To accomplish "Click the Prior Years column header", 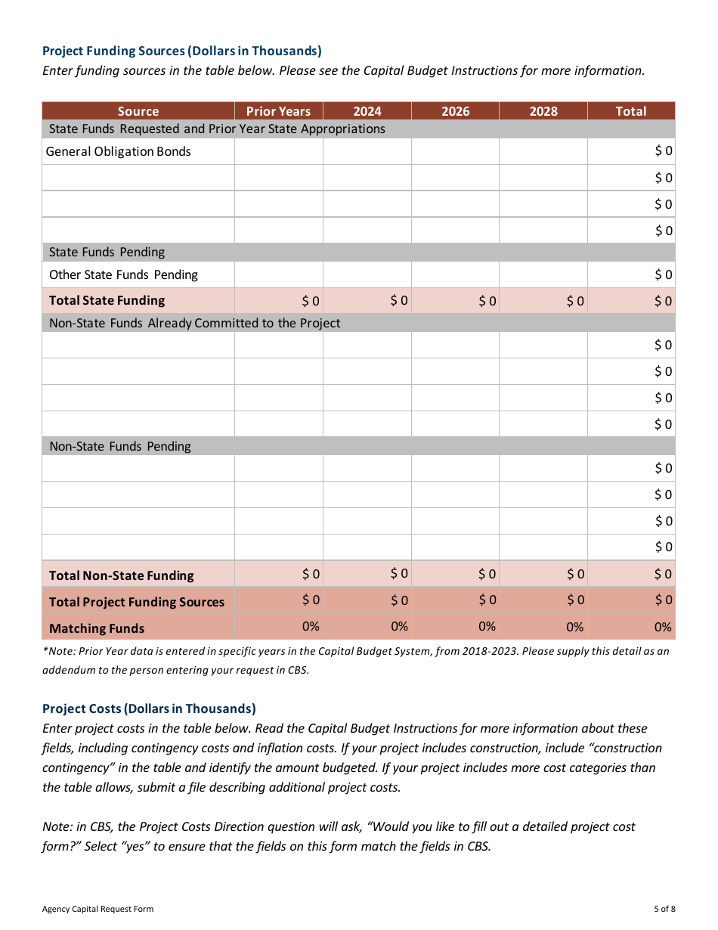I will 278,111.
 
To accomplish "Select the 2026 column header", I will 455,111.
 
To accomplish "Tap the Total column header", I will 630,111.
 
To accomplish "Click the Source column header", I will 138,111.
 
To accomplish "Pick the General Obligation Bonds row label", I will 119,151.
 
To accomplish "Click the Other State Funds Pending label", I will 123,274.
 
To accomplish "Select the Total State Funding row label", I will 107,300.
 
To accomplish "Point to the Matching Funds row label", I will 97,628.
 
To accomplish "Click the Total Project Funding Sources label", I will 137,602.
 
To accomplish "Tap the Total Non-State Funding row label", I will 121,575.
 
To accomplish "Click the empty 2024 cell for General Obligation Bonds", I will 367,151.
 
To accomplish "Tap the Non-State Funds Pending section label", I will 120,446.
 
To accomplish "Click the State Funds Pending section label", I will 107,252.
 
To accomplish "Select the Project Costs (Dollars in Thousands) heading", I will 149,708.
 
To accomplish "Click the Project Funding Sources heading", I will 181,51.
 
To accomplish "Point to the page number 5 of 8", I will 664,909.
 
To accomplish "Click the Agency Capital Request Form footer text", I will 97,909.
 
